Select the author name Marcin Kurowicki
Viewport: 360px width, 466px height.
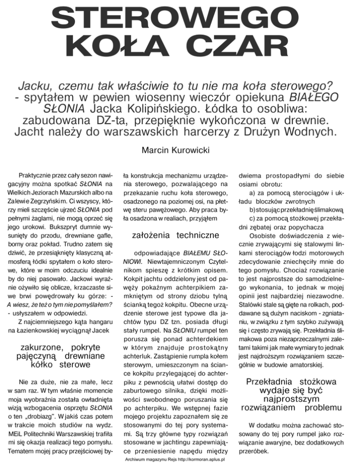point(180,151)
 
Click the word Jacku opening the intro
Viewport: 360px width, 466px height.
point(37,86)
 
